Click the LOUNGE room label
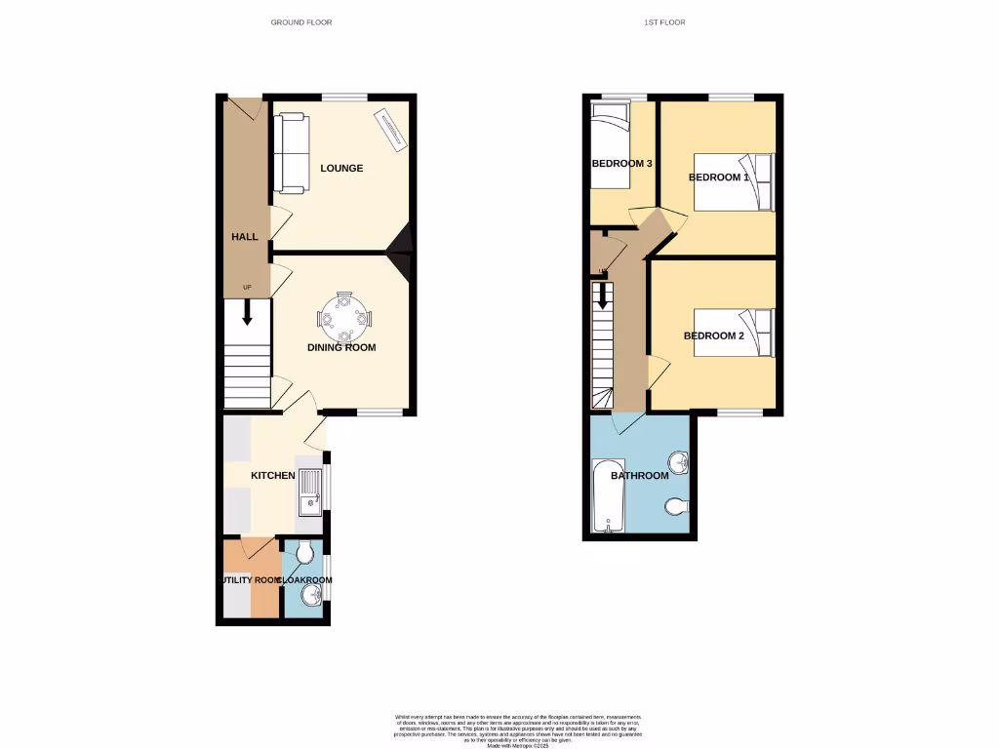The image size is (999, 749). pos(341,168)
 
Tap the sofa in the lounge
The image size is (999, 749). pos(292,152)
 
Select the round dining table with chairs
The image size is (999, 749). pos(344,317)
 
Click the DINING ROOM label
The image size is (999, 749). pos(341,347)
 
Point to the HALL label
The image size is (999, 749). pos(244,237)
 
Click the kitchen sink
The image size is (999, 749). pos(309,492)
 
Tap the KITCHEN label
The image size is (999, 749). pos(273,476)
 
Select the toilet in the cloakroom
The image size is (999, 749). pos(303,554)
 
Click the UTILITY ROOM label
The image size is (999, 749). pos(249,580)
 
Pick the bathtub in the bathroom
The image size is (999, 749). pos(608,496)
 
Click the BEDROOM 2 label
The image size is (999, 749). pos(714,335)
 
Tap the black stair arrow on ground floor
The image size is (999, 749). pos(247,313)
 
